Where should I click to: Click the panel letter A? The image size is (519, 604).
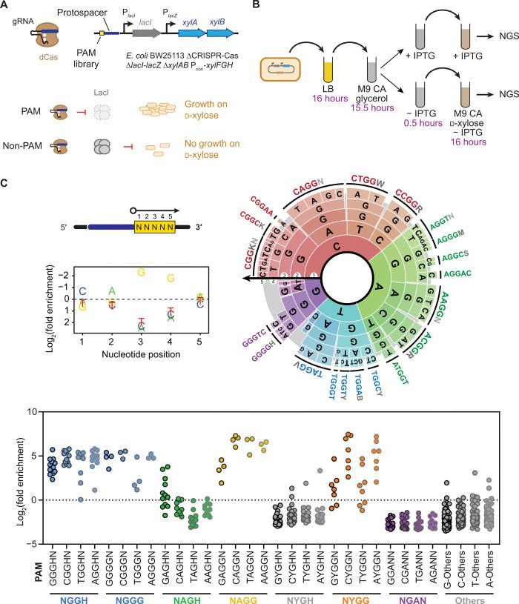point(6,7)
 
